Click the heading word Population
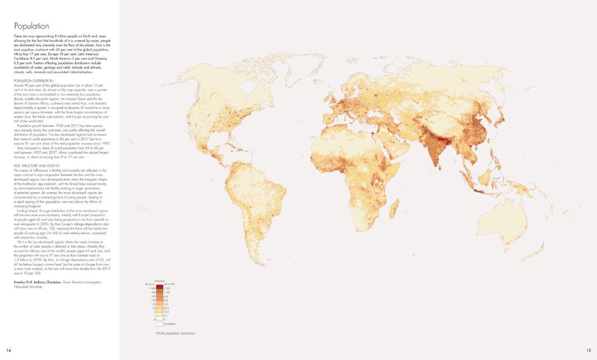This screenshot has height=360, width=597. point(31,26)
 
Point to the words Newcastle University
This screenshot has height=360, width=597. point(29,287)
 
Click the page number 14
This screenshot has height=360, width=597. point(9,350)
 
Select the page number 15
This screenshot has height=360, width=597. point(589,350)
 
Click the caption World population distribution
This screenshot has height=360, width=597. point(175,333)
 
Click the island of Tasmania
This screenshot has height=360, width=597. point(522,240)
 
